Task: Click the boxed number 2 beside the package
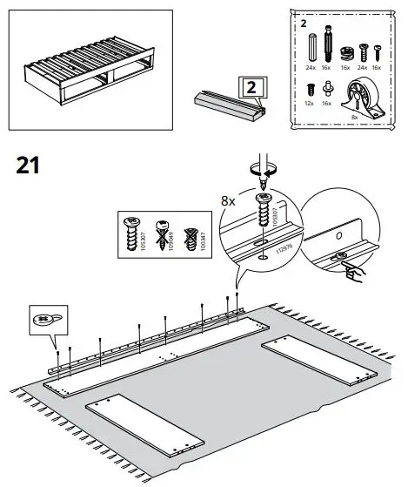249,89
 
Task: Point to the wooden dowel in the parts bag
311,44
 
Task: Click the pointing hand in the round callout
354,274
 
